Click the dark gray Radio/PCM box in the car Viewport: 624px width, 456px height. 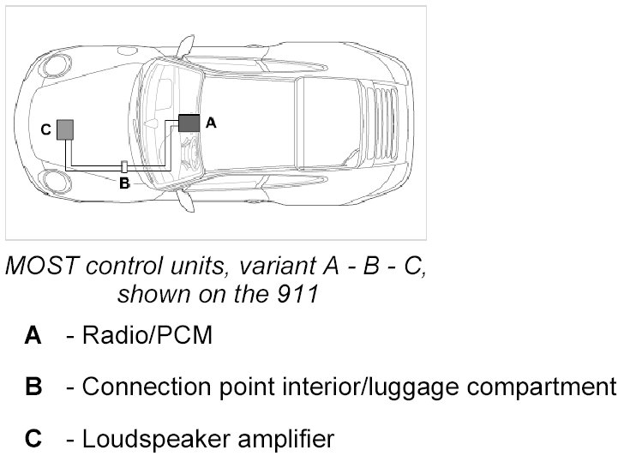[189, 123]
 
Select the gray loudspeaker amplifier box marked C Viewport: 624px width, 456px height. [65, 129]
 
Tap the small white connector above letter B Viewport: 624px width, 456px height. [124, 165]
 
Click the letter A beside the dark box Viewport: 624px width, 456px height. [212, 123]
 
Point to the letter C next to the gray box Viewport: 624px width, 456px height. [45, 130]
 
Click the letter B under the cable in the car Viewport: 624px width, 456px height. [124, 182]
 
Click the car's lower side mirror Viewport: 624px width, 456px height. [183, 200]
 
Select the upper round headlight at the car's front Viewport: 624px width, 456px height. [58, 65]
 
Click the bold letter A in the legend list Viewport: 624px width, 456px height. [33, 335]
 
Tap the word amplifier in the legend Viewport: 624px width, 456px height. [280, 440]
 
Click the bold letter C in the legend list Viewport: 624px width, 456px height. [33, 440]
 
